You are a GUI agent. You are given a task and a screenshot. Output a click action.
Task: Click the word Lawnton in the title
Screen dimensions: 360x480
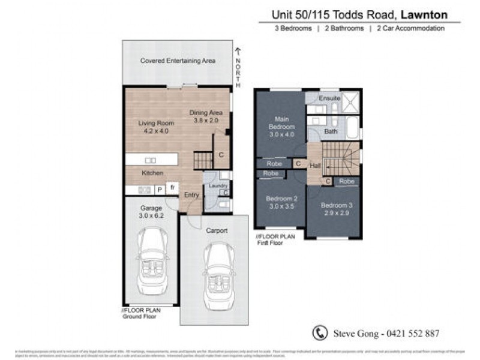click(424, 12)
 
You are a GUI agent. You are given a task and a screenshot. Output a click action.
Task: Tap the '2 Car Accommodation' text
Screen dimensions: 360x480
click(410, 28)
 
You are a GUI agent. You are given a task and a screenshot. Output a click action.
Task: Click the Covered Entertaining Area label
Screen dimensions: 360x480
click(178, 61)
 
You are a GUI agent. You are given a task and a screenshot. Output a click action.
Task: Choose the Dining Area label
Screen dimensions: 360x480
click(206, 113)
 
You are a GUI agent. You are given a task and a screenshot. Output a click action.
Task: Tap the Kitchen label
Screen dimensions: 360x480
click(152, 173)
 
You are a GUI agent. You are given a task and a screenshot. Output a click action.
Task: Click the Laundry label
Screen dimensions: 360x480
click(217, 185)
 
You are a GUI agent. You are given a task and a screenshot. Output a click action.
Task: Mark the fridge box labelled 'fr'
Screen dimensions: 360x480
click(173, 188)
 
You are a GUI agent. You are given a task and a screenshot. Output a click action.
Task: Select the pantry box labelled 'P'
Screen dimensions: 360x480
click(160, 190)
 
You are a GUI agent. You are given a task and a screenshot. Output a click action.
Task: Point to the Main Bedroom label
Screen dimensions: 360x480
click(281, 123)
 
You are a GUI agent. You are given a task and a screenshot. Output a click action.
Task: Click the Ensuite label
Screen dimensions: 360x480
click(329, 97)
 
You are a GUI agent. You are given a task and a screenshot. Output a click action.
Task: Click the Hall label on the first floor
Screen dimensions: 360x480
click(314, 165)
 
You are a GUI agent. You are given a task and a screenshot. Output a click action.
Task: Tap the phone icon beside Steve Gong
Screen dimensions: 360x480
click(319, 333)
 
